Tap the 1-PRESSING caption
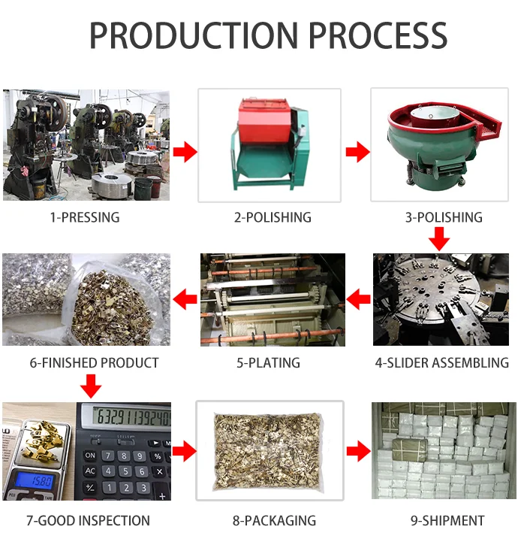tap(85, 218)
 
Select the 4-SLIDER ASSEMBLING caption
tap(441, 363)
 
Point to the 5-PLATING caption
tap(268, 363)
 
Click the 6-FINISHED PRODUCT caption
tap(95, 363)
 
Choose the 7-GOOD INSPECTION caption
tap(88, 520)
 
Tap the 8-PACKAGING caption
tap(270, 520)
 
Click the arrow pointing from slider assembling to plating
tap(359, 301)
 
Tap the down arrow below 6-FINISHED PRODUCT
tap(91, 386)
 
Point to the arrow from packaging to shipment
tap(358, 452)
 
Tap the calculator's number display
tap(128, 416)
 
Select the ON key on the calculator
tap(89, 455)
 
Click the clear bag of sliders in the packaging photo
tap(270, 450)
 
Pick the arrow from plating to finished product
tap(185, 301)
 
